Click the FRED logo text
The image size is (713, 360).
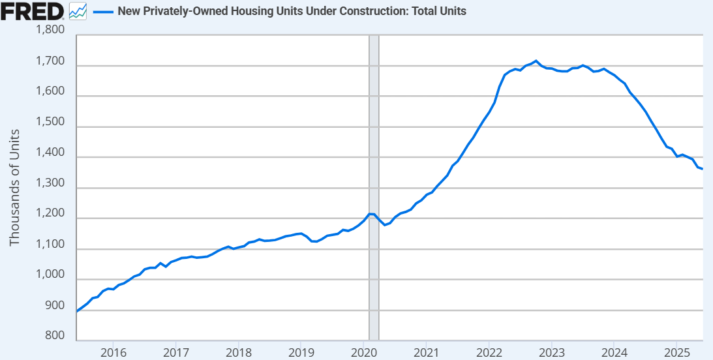[x=33, y=10]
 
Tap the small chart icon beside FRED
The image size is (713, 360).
[x=78, y=11]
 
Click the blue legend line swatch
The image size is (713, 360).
[x=103, y=11]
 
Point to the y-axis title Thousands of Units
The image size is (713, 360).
[x=14, y=188]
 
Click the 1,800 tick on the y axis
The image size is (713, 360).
[x=51, y=30]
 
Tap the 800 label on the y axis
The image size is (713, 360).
[x=55, y=337]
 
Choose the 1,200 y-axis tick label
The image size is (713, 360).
[x=51, y=214]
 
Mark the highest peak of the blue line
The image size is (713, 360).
[x=536, y=61]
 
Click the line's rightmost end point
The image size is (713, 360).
[x=702, y=169]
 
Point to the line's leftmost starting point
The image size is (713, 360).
[x=77, y=311]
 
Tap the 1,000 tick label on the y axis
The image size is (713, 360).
[x=51, y=275]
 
